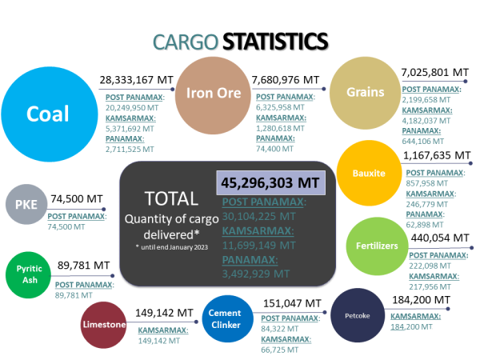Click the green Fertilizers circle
(376, 246)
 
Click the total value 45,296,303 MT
(270, 182)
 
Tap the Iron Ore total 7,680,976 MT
(286, 80)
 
